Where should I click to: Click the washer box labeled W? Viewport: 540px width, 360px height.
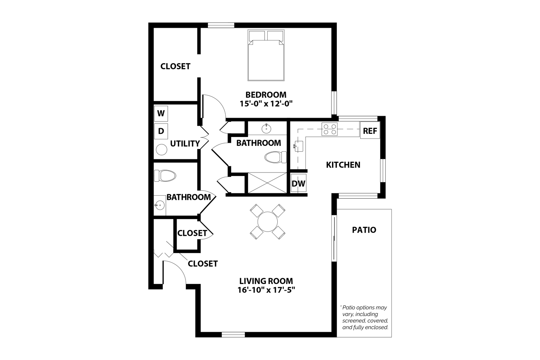[x=161, y=113]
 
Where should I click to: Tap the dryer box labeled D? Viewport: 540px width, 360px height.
[x=161, y=131]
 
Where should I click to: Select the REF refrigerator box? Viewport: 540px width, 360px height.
[x=370, y=131]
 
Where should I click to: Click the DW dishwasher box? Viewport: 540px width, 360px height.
[x=298, y=184]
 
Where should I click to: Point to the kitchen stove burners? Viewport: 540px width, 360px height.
[x=329, y=129]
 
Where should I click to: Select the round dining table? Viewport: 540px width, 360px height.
[x=268, y=222]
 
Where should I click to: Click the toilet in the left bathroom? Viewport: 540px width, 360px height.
[x=165, y=176]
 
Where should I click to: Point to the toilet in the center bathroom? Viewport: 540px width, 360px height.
[x=275, y=157]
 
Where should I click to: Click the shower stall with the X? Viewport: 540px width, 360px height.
[x=267, y=183]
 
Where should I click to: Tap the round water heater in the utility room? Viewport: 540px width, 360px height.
[x=162, y=149]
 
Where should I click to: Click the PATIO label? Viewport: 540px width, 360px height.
[x=364, y=230]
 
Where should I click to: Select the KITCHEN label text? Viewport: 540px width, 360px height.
[x=343, y=165]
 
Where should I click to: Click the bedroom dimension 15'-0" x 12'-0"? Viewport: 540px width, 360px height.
[x=266, y=103]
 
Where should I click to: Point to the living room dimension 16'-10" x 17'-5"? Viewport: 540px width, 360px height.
[x=266, y=290]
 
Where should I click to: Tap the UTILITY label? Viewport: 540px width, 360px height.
[x=185, y=144]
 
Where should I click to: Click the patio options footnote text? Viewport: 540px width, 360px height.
[x=365, y=317]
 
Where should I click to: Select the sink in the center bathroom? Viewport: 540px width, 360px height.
[x=267, y=128]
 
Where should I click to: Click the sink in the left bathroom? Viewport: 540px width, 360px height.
[x=159, y=205]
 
